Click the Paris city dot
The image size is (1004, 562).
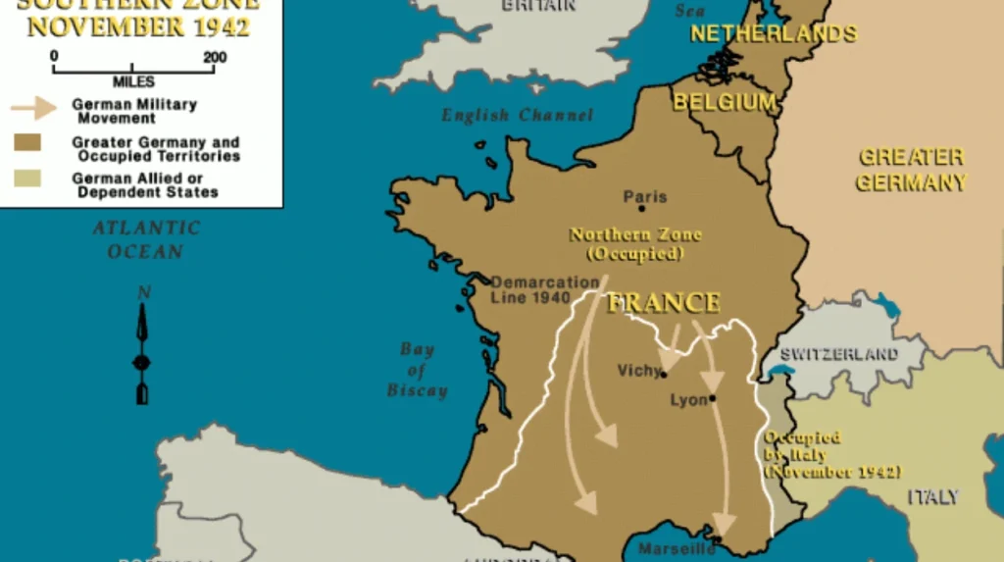coord(641,208)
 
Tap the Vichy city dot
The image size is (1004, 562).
coord(664,374)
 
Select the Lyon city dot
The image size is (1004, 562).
coord(713,398)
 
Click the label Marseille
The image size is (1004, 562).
coord(677,548)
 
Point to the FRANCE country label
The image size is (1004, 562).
coord(664,302)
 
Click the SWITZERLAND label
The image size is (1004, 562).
coord(839,354)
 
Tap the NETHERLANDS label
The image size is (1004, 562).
coord(774,33)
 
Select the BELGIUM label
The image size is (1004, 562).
coord(725,102)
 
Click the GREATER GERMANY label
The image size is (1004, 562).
coord(912,170)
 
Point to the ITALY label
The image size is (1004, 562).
coord(932,497)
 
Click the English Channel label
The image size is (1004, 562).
coord(517,116)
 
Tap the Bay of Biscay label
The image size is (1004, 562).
coord(417,370)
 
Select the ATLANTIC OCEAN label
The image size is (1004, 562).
coord(146,239)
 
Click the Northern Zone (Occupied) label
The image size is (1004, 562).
coord(635,244)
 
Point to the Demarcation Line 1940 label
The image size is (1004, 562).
coord(544,289)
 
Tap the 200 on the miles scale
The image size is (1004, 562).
coord(215,58)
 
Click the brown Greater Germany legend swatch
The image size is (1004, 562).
coord(26,143)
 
